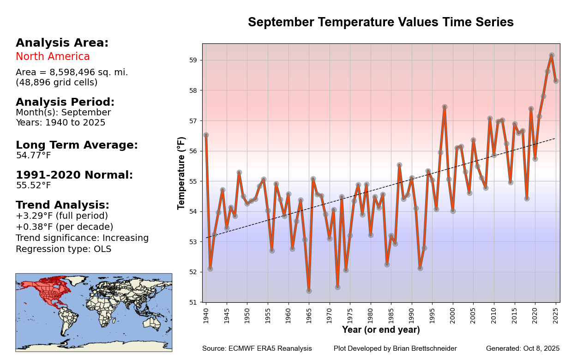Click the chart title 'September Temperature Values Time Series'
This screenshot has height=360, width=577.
(380, 22)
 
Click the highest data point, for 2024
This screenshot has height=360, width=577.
(552, 55)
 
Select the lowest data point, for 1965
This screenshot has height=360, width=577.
(309, 291)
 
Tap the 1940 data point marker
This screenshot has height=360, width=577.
(206, 135)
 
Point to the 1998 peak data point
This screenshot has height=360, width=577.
(445, 107)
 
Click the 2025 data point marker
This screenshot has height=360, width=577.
(556, 81)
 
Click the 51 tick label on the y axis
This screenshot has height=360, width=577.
(193, 302)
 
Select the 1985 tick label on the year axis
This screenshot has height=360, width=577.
(391, 314)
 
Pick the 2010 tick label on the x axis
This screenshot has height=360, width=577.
(494, 314)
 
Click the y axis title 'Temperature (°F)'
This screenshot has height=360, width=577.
(181, 173)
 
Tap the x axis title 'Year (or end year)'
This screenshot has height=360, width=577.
(381, 330)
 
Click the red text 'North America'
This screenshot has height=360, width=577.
(53, 57)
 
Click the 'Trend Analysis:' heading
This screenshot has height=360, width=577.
(62, 205)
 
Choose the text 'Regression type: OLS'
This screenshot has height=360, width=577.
(63, 249)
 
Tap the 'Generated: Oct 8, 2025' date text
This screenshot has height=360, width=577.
(523, 348)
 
